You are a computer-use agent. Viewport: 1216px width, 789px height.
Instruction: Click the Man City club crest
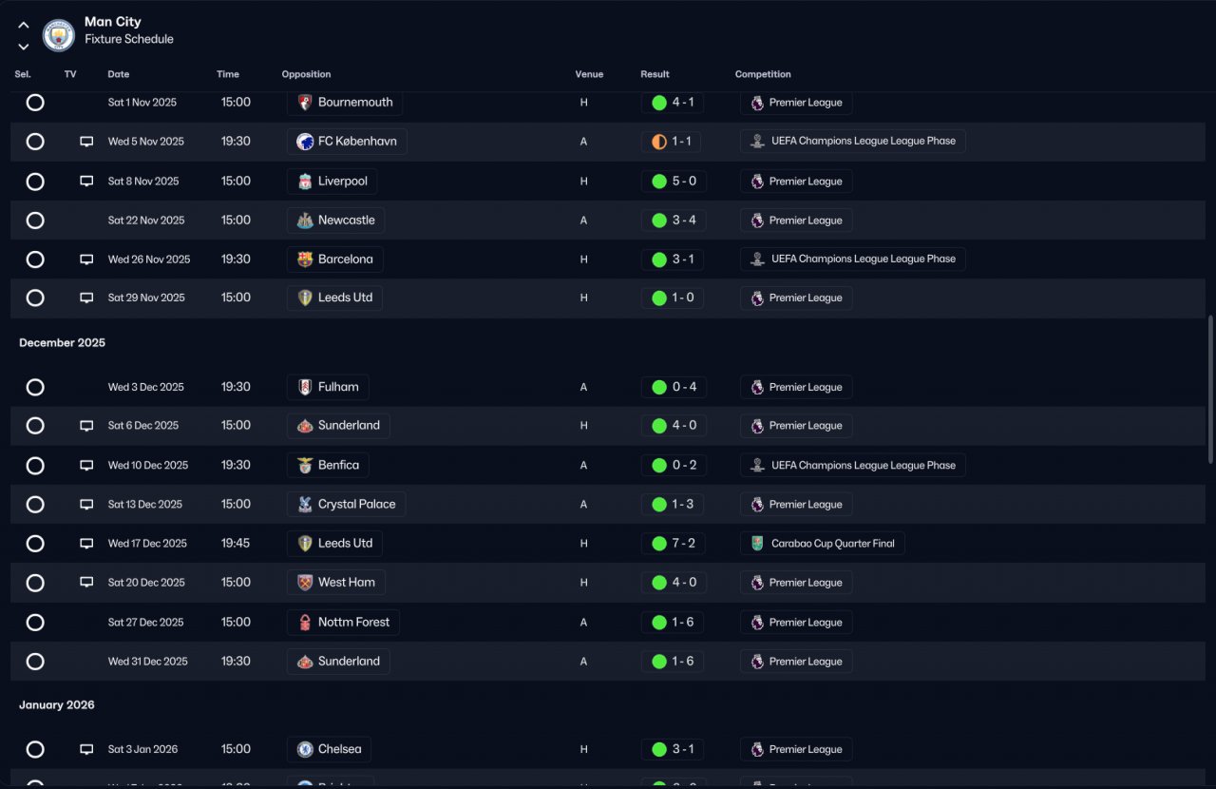[x=59, y=35]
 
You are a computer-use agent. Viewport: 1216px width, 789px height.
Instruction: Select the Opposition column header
[x=306, y=74]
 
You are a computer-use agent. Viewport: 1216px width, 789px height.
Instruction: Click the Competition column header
[x=763, y=74]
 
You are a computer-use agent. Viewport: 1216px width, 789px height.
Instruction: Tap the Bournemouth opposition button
[x=344, y=103]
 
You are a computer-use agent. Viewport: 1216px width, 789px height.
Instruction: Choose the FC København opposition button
[x=347, y=142]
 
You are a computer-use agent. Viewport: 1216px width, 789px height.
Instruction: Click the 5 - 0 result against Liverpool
[x=674, y=182]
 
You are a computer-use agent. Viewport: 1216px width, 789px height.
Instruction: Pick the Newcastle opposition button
[x=335, y=221]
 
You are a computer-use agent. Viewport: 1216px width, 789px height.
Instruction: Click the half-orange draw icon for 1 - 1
[x=659, y=142]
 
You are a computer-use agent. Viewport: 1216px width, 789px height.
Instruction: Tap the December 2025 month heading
[x=62, y=343]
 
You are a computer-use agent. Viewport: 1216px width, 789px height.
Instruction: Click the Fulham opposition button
[x=328, y=387]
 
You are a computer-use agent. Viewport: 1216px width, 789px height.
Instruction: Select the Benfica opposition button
[x=328, y=466]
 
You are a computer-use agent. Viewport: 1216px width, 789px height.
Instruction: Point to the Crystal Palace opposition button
[x=346, y=505]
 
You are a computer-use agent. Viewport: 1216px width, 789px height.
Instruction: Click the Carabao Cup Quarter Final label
[x=823, y=544]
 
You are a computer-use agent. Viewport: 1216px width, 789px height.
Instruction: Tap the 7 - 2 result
[x=674, y=544]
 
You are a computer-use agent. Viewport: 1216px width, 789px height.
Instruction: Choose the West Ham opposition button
[x=335, y=583]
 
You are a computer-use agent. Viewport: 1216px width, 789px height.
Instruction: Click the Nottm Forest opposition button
[x=343, y=623]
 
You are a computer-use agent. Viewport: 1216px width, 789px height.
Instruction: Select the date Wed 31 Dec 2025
[x=147, y=662]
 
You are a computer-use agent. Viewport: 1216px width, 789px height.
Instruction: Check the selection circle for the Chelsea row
[x=35, y=749]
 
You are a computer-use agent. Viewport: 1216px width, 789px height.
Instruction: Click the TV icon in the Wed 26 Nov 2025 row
[x=86, y=260]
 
